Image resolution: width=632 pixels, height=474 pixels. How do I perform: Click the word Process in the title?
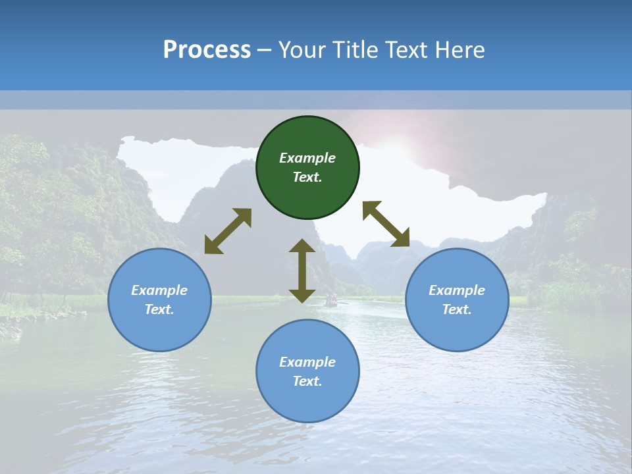207,50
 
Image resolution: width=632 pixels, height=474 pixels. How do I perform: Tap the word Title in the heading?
358,50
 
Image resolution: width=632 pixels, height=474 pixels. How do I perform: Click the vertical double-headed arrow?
302,271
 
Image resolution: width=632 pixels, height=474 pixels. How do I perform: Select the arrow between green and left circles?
228,231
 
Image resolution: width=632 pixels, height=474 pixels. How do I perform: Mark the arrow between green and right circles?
386,224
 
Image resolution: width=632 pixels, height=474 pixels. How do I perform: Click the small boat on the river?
331,301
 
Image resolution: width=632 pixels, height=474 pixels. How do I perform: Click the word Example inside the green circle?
307,158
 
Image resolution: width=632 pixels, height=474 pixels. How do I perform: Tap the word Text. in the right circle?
457,309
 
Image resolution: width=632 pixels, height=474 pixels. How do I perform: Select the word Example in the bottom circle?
307,362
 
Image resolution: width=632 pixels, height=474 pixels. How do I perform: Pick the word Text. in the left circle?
159,309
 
